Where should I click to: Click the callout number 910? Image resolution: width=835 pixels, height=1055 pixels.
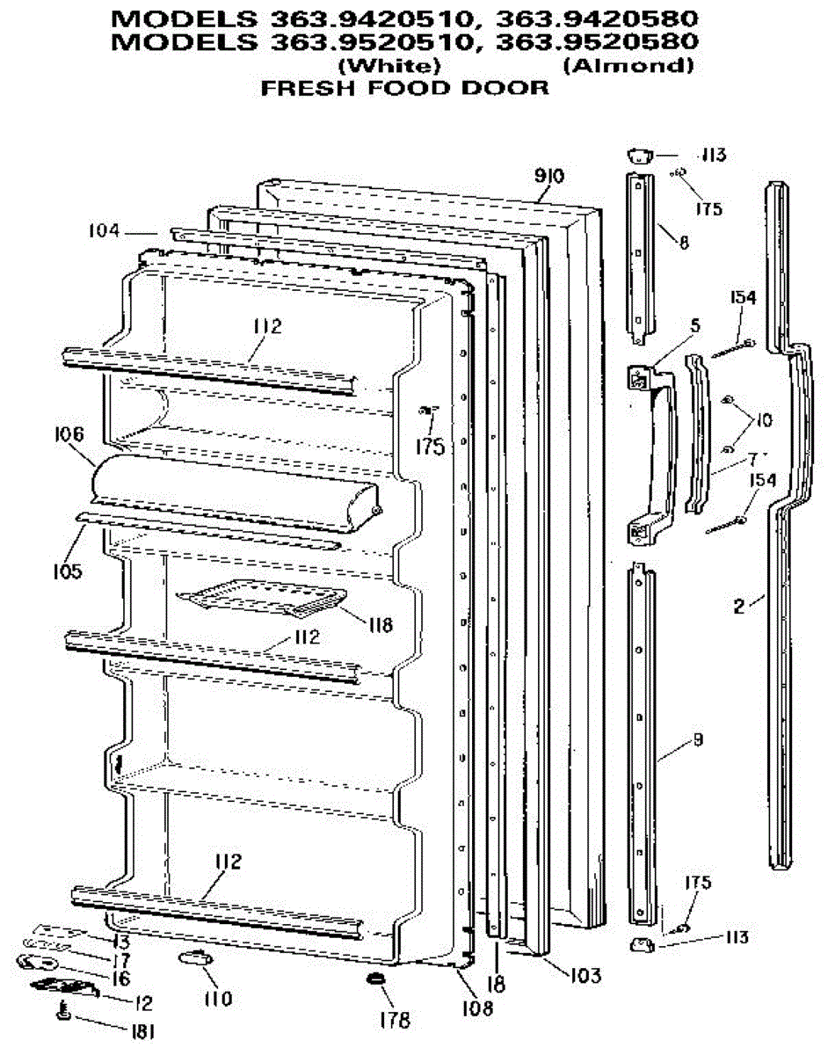(x=548, y=176)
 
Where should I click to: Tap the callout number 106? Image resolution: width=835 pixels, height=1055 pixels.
(x=69, y=434)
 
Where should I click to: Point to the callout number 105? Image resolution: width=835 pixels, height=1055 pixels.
(x=66, y=571)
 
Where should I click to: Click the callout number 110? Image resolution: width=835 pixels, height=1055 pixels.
(x=218, y=998)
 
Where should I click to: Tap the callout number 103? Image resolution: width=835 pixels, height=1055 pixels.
(x=584, y=975)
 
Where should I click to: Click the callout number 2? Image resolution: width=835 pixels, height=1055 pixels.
(x=739, y=605)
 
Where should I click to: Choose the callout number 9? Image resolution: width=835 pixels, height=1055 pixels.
(x=697, y=740)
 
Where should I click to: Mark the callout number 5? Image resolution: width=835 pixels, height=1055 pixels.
(x=695, y=325)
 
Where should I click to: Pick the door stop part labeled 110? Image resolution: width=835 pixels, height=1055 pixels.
(x=191, y=957)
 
